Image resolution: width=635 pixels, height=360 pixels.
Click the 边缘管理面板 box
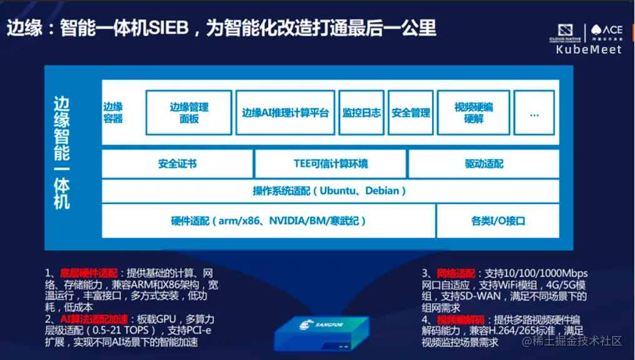pyautogui.click(x=188, y=113)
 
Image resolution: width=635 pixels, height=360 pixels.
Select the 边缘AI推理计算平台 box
pyautogui.click(x=285, y=113)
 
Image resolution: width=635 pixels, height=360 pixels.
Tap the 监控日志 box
pyautogui.click(x=361, y=113)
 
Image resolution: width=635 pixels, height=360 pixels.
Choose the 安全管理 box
pyautogui.click(x=411, y=113)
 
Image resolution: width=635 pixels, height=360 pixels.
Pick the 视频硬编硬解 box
pyautogui.click(x=473, y=113)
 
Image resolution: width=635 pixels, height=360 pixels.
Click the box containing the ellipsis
pyautogui.click(x=534, y=113)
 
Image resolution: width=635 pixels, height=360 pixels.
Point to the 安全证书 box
pyautogui.click(x=177, y=164)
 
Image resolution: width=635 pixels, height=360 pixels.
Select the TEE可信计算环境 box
pyautogui.click(x=331, y=164)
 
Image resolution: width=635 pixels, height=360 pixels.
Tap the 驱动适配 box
pyautogui.click(x=484, y=164)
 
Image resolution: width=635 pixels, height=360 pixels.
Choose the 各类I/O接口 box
pyautogui.click(x=498, y=221)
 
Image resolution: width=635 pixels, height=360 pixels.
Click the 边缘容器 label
pyautogui.click(x=113, y=113)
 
